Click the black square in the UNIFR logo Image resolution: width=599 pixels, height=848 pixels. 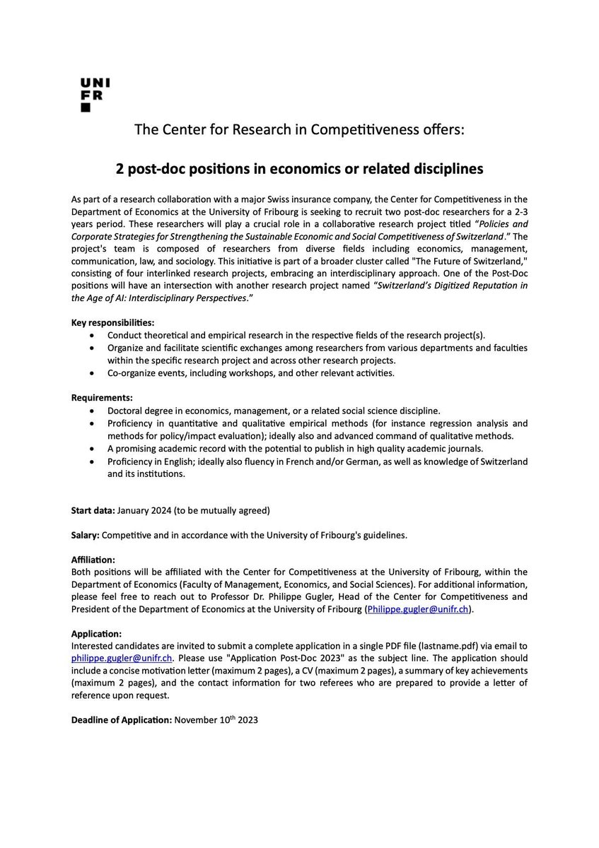point(86,108)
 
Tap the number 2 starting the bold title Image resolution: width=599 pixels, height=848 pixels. point(120,170)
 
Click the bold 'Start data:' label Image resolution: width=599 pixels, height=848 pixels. point(93,510)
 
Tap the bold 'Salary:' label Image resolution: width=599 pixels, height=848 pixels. point(87,535)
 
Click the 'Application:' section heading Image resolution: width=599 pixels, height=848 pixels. point(97,634)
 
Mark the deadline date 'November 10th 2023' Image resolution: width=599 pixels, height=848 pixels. point(216,720)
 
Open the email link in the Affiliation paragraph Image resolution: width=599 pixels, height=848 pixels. point(417,609)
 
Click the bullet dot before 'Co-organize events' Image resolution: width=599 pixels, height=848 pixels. point(93,372)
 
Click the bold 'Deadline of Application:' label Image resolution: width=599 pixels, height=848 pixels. point(121,720)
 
